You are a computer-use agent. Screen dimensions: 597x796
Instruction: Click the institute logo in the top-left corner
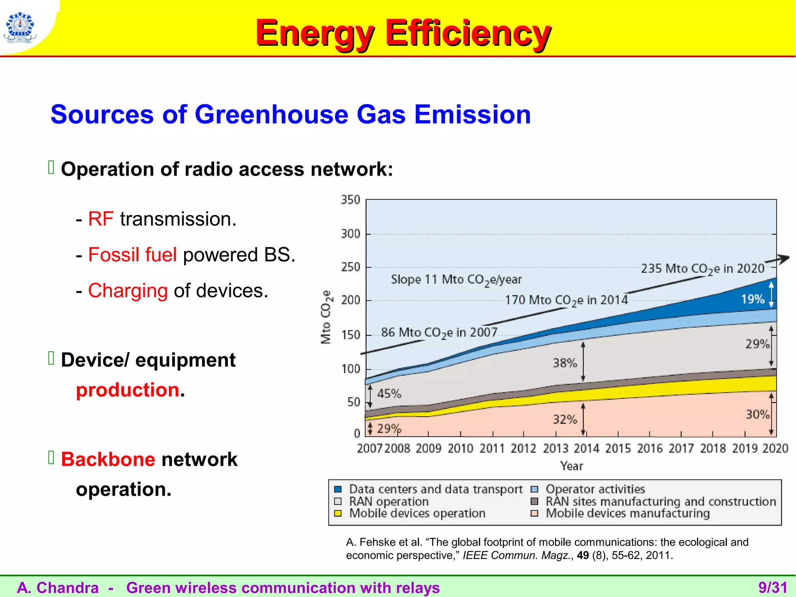[x=20, y=27]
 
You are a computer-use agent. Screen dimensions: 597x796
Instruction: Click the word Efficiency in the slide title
[x=468, y=33]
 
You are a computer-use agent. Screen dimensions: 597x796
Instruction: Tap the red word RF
[x=101, y=219]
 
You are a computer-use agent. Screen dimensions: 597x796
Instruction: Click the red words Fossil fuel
[x=133, y=255]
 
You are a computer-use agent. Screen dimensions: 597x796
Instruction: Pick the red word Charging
[x=128, y=291]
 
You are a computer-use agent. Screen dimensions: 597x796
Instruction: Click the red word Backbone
[x=108, y=459]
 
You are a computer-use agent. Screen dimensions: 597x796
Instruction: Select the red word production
[x=127, y=390]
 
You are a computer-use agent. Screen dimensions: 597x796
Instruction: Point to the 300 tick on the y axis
[x=351, y=234]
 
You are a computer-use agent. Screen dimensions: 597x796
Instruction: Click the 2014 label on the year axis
[x=587, y=449]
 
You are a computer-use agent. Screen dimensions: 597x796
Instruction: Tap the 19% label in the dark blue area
[x=752, y=299]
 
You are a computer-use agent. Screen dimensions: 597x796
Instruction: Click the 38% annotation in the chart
[x=565, y=363]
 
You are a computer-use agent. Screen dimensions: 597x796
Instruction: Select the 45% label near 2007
[x=389, y=394]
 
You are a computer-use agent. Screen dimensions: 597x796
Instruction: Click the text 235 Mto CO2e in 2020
[x=703, y=269]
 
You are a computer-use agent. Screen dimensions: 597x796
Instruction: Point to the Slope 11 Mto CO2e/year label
[x=456, y=279]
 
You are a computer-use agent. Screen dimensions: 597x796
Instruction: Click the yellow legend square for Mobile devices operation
[x=338, y=513]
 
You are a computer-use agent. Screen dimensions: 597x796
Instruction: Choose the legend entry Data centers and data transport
[x=435, y=489]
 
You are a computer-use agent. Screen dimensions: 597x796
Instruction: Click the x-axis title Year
[x=571, y=466]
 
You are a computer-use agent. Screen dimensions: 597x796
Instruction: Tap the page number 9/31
[x=773, y=588]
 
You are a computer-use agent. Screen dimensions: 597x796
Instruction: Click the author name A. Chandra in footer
[x=58, y=588]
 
